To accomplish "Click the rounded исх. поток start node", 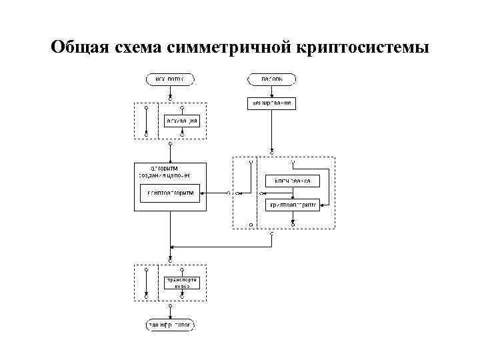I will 170,79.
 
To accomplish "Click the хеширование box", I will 271,103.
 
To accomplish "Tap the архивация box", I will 182,121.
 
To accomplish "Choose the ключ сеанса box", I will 293,181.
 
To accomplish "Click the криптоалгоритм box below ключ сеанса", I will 293,205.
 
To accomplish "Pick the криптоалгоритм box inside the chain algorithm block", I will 170,193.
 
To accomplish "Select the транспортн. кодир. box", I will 182,282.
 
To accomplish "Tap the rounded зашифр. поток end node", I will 170,325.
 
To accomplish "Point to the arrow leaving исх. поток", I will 170,92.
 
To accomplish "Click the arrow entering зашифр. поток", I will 170,313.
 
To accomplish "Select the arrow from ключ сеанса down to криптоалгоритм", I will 293,193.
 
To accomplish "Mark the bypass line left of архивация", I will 146,121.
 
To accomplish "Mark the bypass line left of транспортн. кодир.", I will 146,282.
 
